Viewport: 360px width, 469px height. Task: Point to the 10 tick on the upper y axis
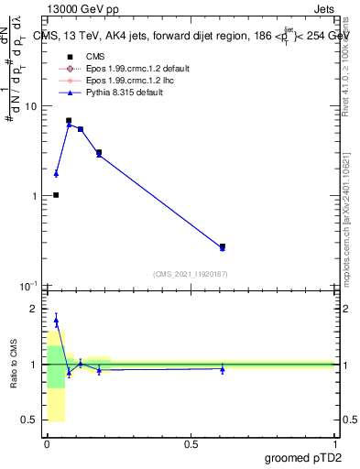(31, 106)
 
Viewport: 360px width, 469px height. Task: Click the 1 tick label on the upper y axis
(34, 196)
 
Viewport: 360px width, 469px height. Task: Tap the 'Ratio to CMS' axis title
(14, 365)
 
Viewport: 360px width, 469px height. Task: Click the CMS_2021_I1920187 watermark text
(191, 274)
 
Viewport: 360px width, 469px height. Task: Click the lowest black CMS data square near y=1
(56, 195)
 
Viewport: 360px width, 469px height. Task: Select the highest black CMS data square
(69, 120)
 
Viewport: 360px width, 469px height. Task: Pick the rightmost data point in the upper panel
(223, 246)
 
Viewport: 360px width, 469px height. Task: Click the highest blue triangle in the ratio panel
(56, 321)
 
